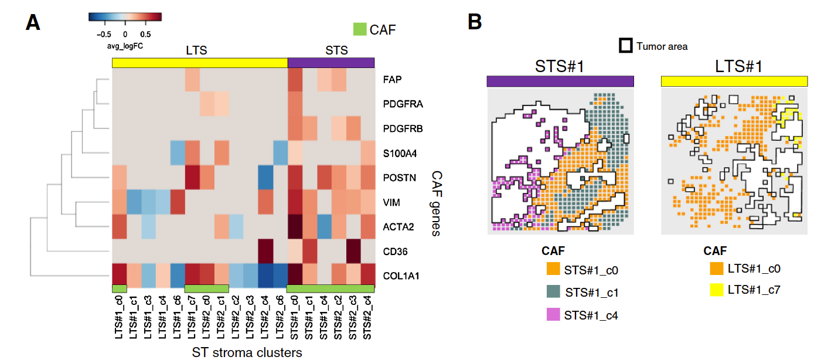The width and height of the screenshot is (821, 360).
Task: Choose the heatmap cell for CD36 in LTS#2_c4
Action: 265,252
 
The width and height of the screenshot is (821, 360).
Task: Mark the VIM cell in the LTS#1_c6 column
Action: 178,202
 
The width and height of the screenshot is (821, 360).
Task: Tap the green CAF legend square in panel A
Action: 359,29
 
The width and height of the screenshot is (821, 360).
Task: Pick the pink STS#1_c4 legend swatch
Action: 553,315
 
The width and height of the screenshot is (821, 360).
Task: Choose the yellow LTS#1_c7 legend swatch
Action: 716,289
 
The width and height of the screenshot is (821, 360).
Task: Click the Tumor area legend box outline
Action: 626,45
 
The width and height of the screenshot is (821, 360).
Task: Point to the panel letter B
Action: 475,22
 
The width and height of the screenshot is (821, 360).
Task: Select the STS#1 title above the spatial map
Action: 560,66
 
